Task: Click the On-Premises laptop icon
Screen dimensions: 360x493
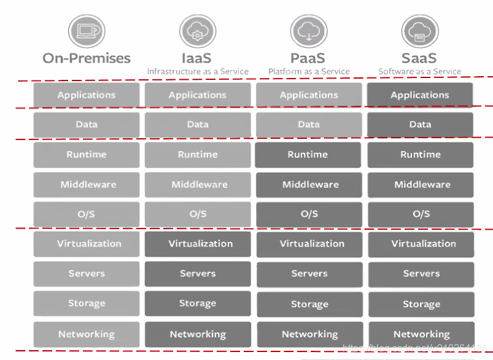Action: click(87, 30)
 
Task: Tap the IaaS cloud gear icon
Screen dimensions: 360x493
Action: click(197, 31)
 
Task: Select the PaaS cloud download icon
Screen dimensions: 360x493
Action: click(308, 31)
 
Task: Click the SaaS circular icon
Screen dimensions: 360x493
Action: click(419, 31)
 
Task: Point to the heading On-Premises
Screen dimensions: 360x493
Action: click(87, 58)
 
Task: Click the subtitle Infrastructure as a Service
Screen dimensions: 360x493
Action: click(198, 72)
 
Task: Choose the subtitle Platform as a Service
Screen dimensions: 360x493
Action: click(309, 72)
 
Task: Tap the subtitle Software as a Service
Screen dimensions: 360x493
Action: click(420, 72)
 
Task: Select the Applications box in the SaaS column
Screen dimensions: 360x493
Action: click(420, 95)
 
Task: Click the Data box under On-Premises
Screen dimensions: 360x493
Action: click(87, 125)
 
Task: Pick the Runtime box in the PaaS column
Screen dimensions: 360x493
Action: click(308, 155)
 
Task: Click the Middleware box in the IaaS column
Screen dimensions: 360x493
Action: click(198, 184)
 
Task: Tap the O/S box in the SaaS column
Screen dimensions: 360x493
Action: click(421, 214)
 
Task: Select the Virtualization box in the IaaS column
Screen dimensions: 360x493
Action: click(198, 244)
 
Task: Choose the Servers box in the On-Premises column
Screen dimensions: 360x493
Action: click(87, 274)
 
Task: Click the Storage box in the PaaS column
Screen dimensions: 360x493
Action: click(309, 304)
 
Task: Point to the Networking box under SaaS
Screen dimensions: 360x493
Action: click(421, 334)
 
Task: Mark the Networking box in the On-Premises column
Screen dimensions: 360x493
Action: click(87, 334)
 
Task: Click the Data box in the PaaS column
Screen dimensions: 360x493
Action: click(308, 125)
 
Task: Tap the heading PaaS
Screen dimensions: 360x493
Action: click(309, 58)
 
